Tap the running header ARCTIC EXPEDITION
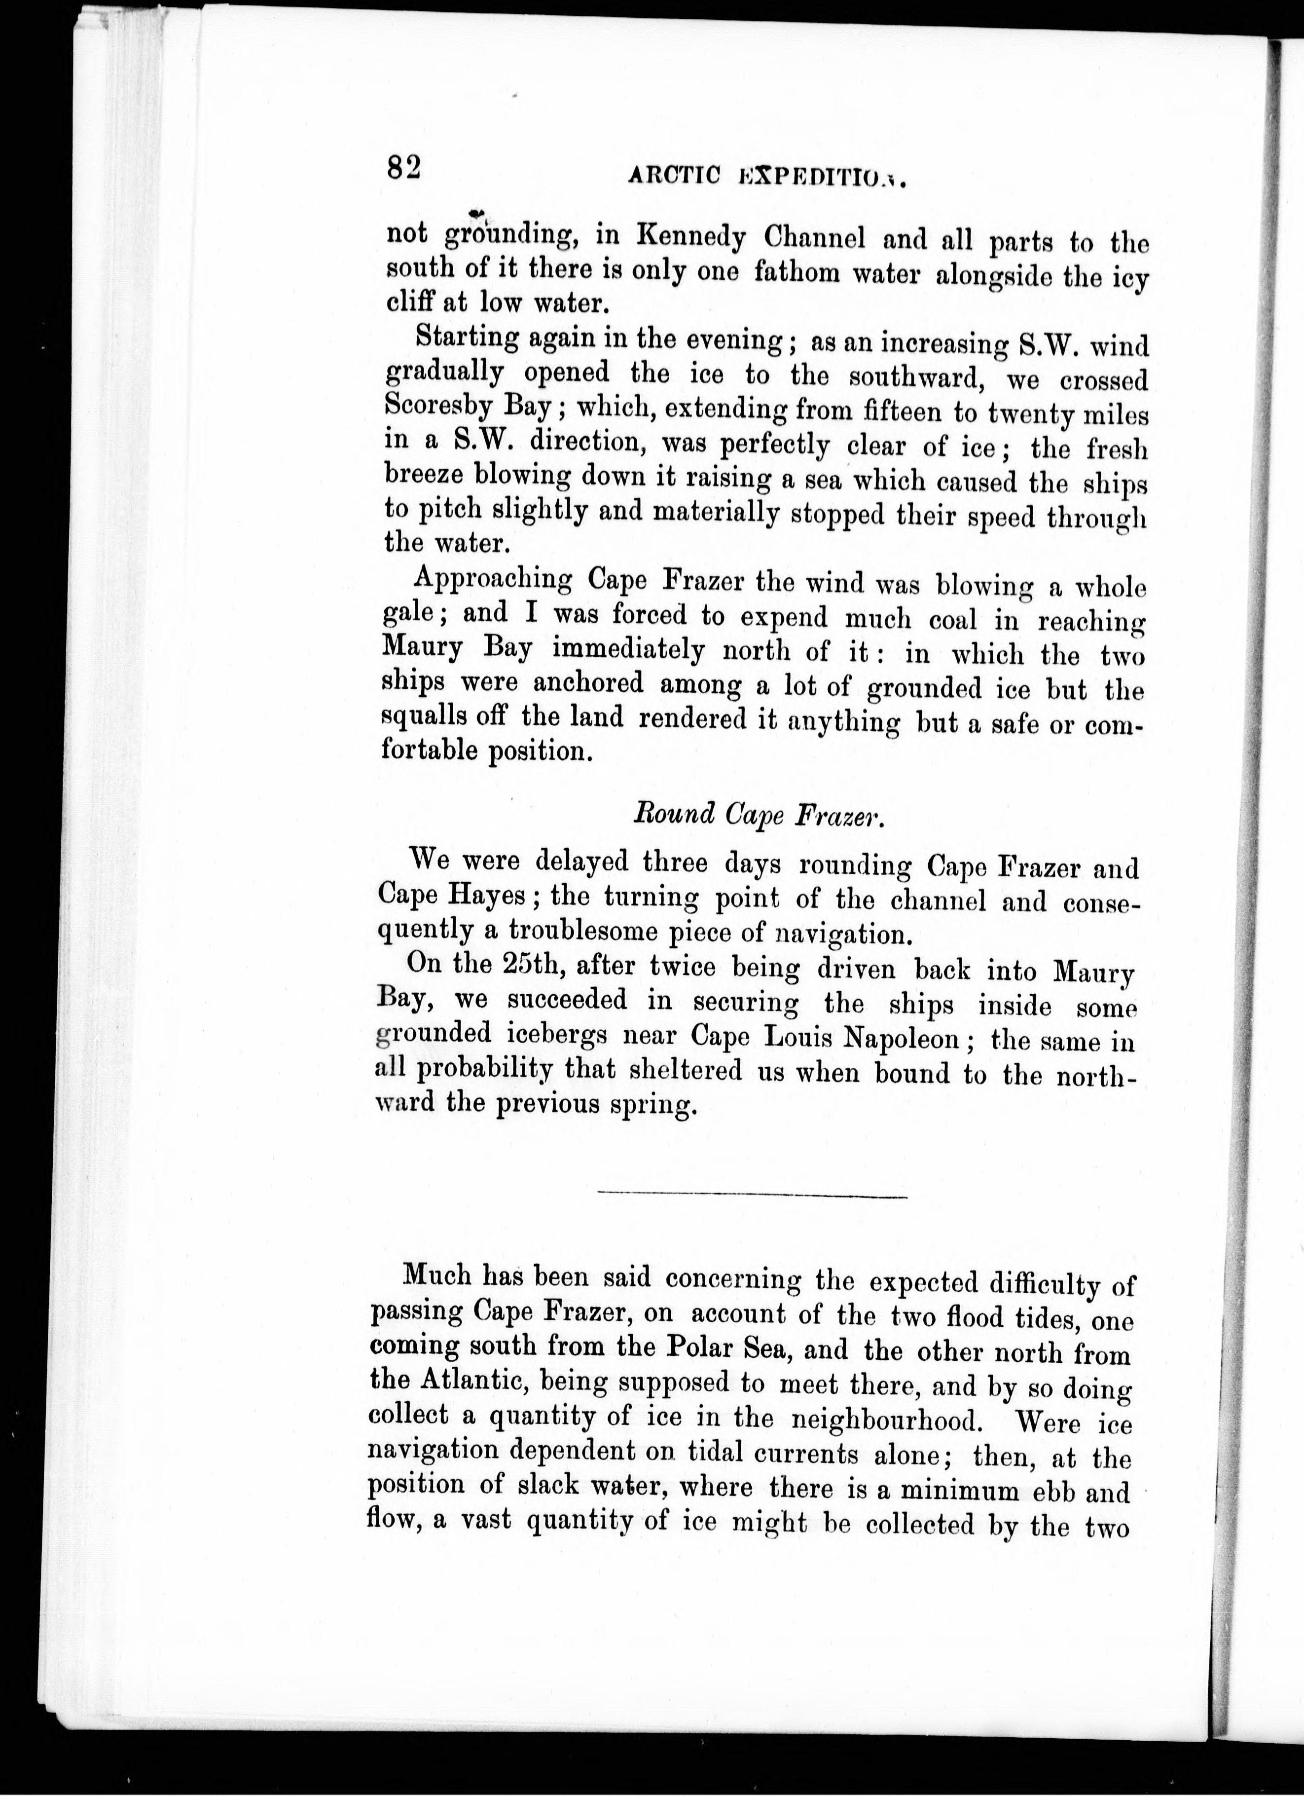[765, 178]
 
